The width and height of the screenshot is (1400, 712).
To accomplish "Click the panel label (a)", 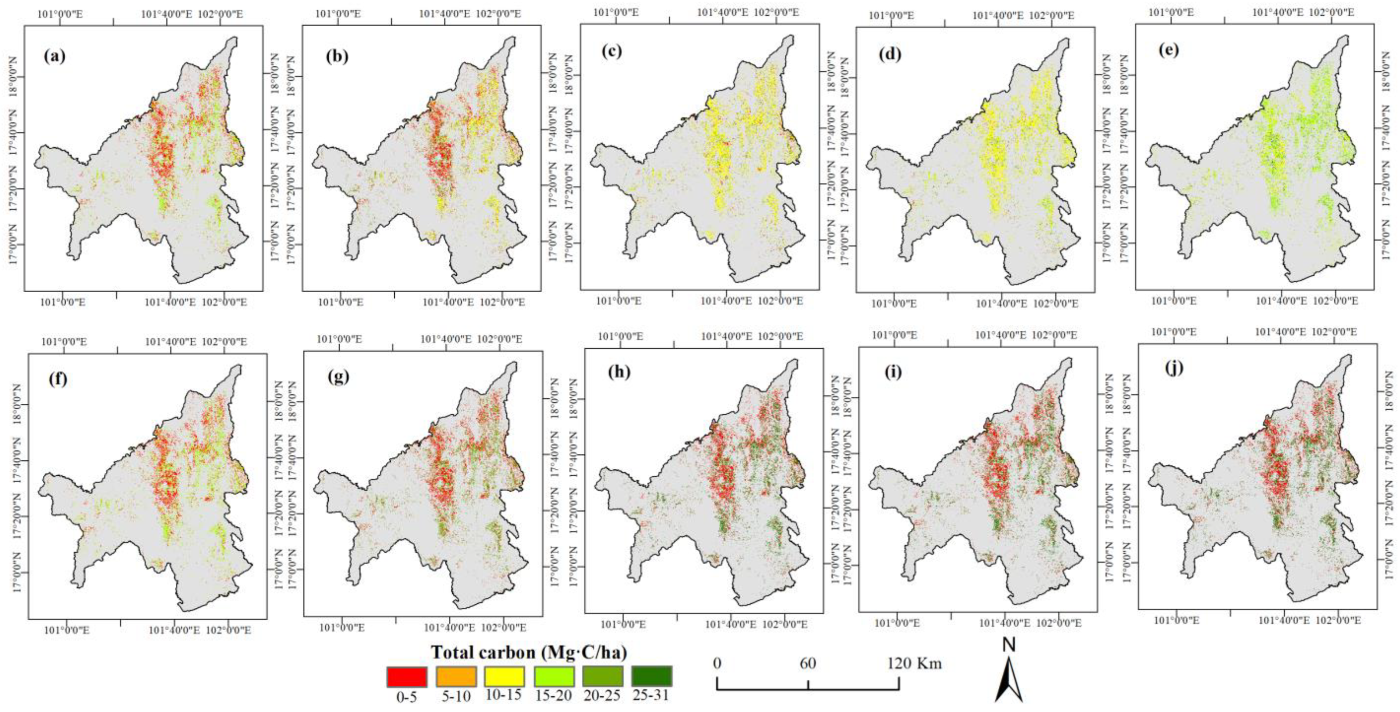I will (x=54, y=57).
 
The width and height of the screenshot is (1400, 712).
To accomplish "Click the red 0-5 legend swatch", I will (x=406, y=677).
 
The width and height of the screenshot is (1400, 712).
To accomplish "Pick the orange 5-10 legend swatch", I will (x=456, y=677).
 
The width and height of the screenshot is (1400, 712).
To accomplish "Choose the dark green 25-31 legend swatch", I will (x=651, y=677).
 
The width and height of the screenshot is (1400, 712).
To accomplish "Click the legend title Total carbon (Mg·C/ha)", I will (x=529, y=652).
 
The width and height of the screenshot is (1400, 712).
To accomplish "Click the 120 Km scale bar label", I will (x=915, y=663).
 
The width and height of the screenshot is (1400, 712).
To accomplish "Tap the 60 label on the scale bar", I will (x=808, y=663).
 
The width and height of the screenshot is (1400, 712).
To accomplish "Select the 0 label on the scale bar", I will (x=718, y=663).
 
